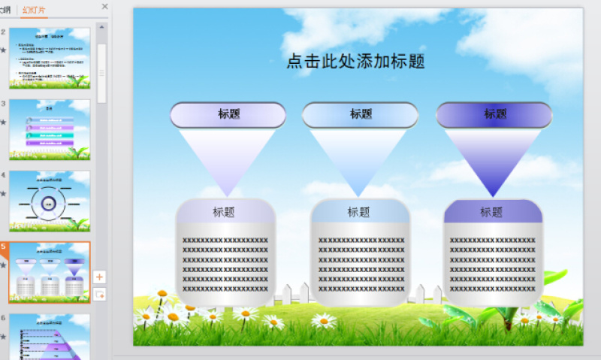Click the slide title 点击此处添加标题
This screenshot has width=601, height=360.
pos(355,62)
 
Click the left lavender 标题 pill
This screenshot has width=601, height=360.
pos(228,114)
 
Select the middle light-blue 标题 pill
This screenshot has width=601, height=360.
pos(360,114)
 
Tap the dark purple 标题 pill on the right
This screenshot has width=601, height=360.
pos(494,114)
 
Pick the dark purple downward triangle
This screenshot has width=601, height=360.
pos(493,158)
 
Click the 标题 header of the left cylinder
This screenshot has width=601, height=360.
pos(225,212)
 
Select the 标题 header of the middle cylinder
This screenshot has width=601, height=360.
pos(359,212)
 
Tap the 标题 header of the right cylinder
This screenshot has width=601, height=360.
pos(492,212)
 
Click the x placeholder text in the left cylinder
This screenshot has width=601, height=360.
pos(225,264)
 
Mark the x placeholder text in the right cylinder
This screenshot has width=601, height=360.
pos(493,264)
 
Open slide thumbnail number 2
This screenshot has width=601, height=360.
pos(50,58)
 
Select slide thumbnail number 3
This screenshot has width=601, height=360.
pos(50,129)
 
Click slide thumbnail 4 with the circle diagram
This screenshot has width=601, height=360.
pos(50,201)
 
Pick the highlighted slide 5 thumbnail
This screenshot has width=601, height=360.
pos(50,271)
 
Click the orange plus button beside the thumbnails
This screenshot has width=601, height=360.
pos(100,277)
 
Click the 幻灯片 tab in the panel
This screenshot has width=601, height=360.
pos(34,10)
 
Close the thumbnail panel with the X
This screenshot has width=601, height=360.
pos(104,7)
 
